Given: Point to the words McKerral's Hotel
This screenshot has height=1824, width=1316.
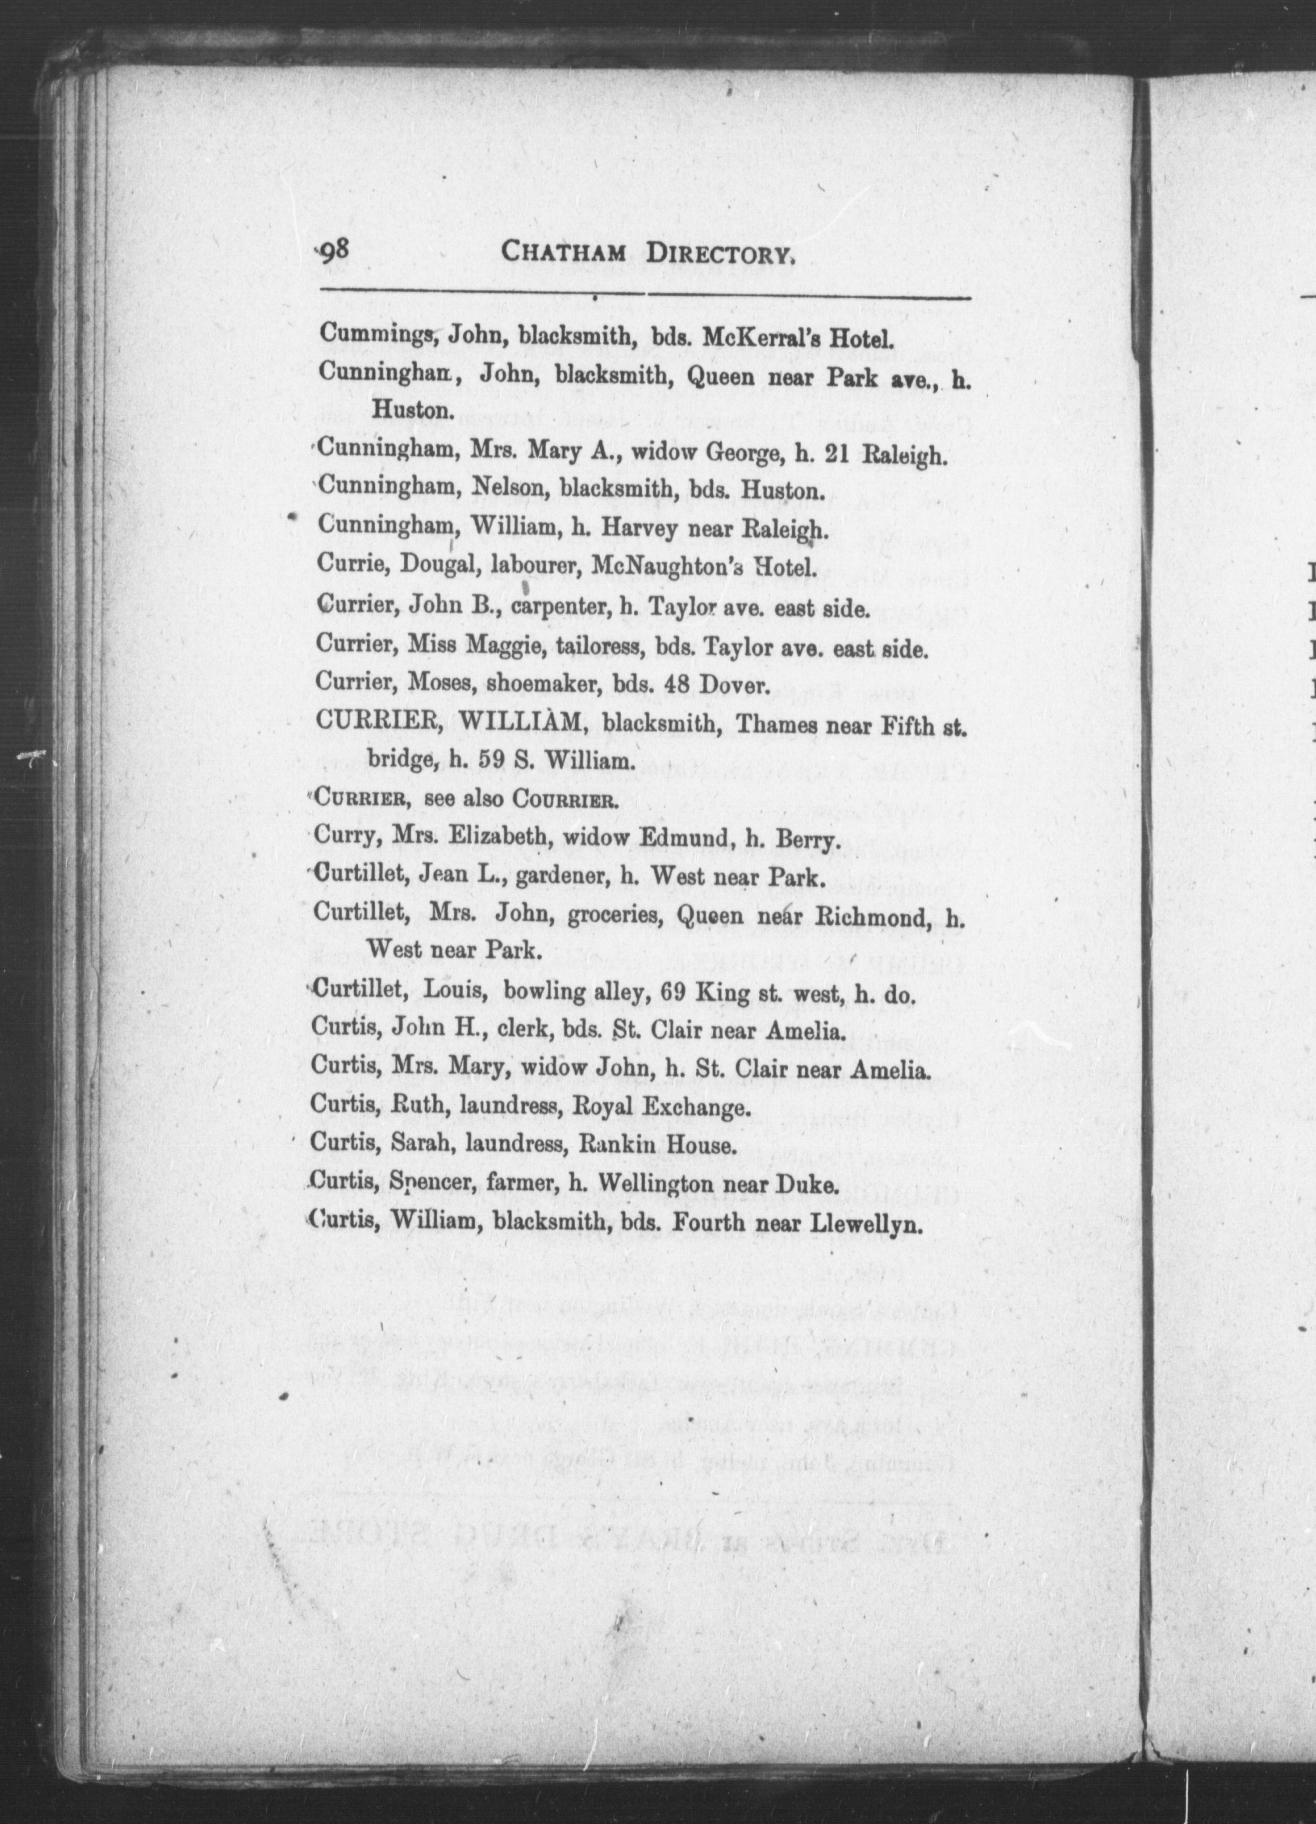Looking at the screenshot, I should (x=800, y=336).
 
